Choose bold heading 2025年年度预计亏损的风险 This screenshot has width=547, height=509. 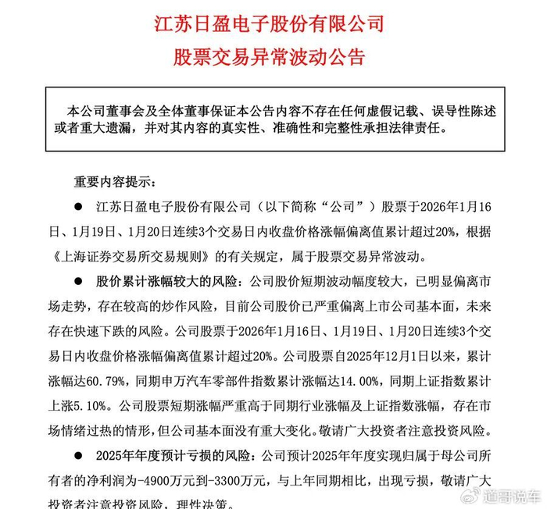click(164, 451)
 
